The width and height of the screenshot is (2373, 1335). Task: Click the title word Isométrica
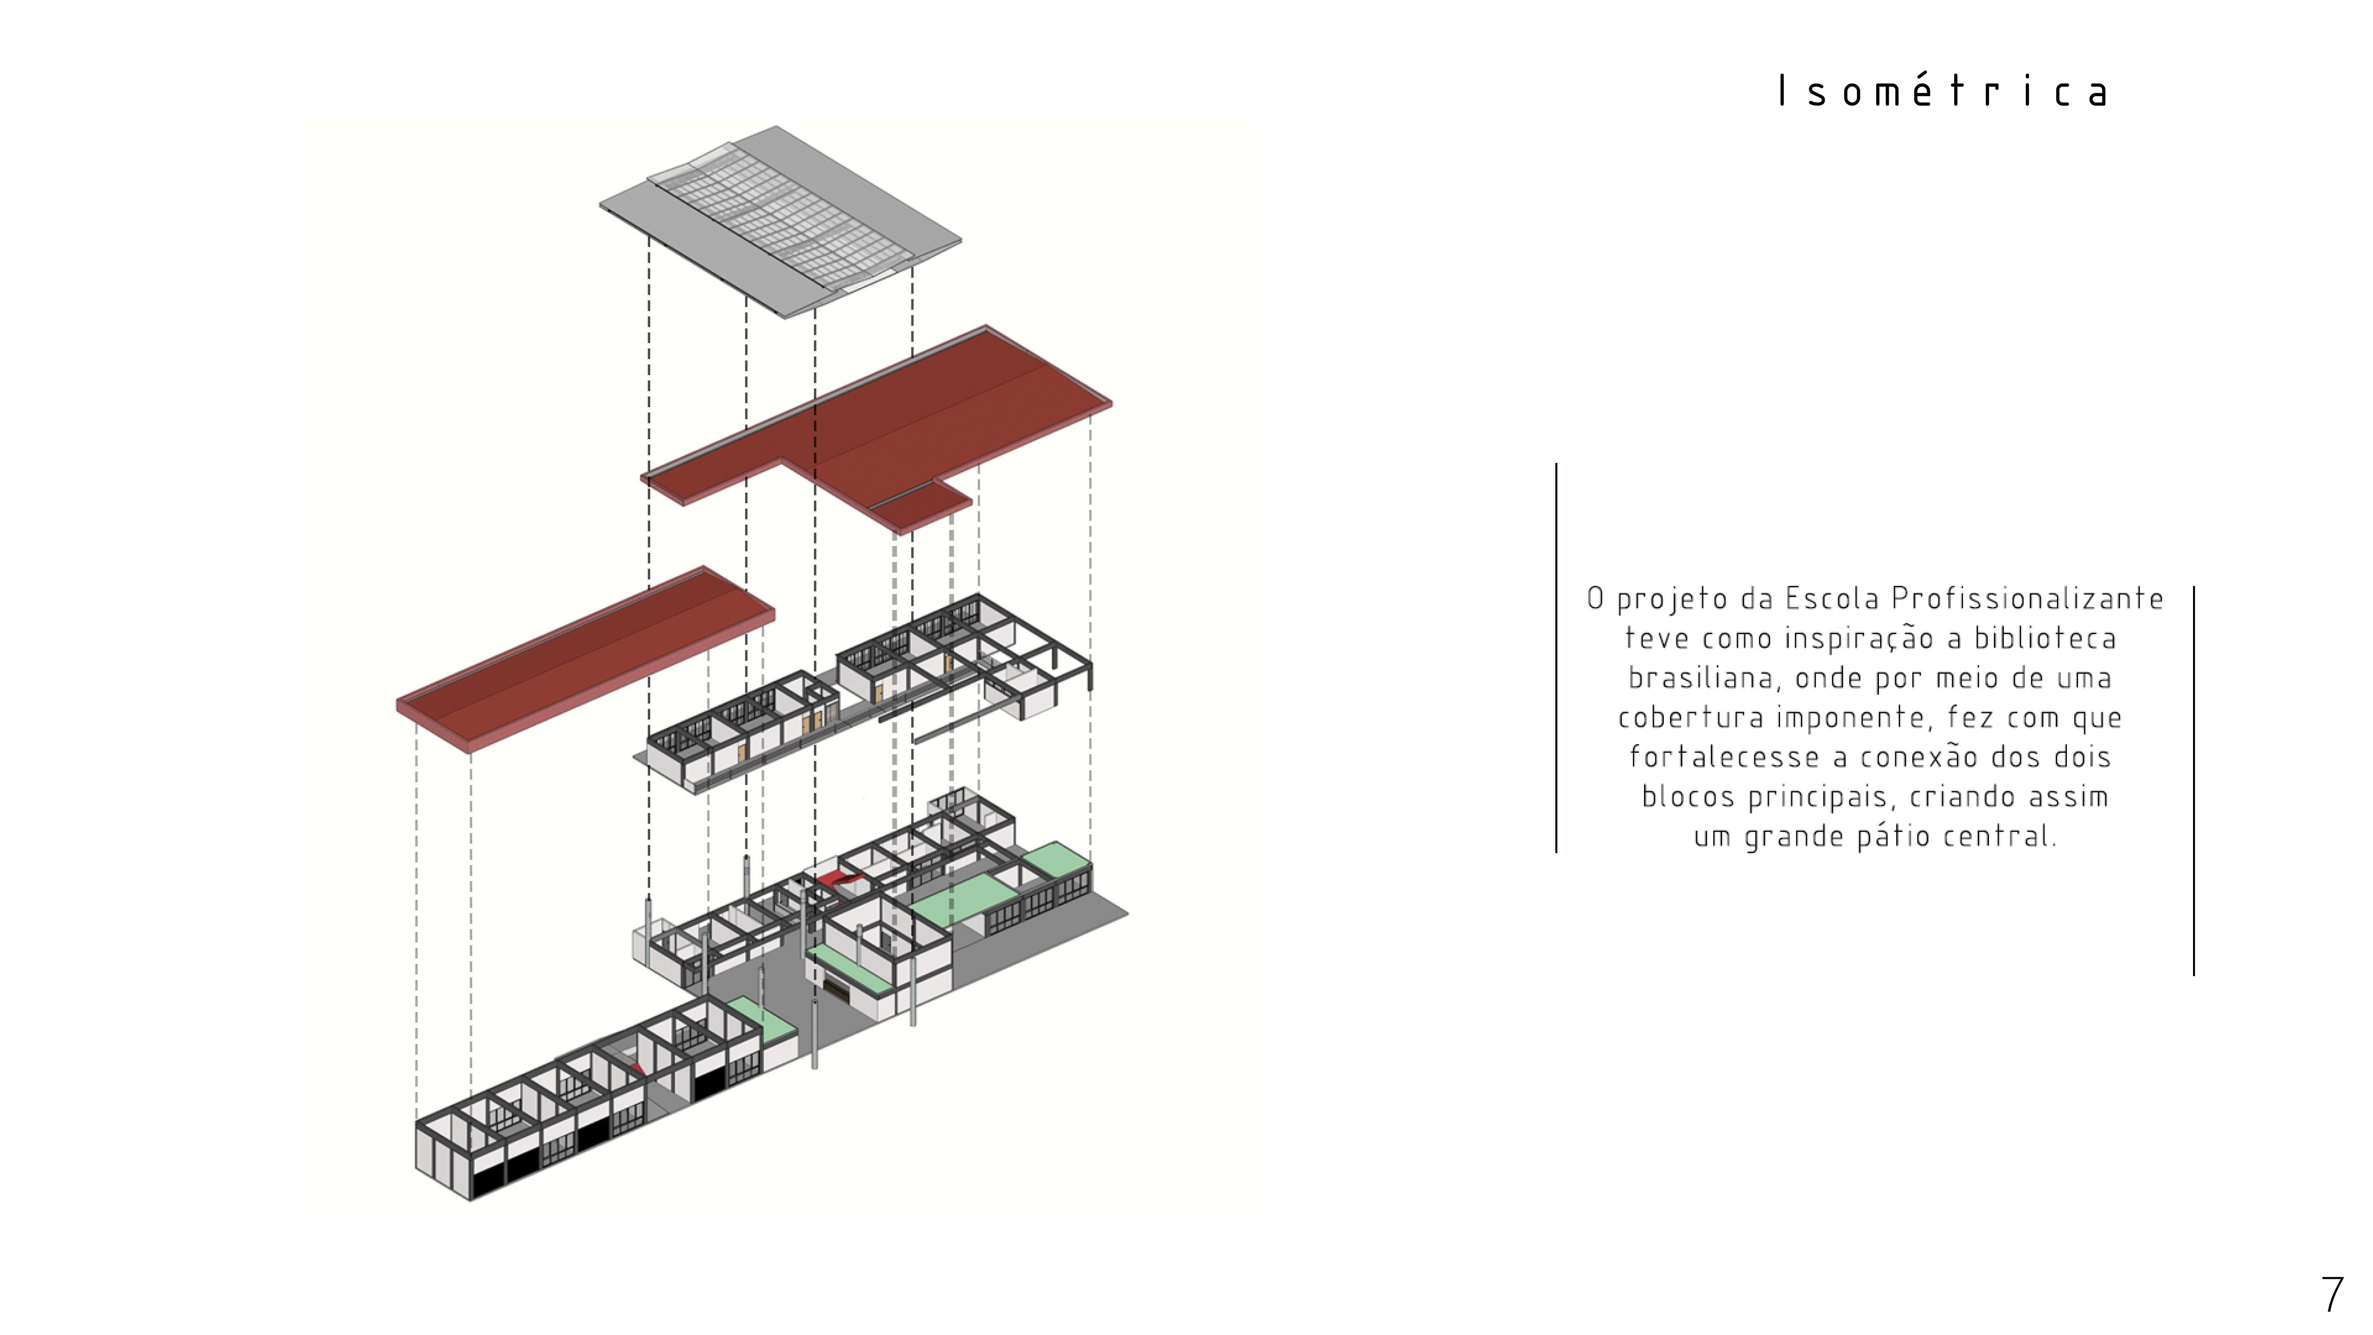(x=1944, y=91)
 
